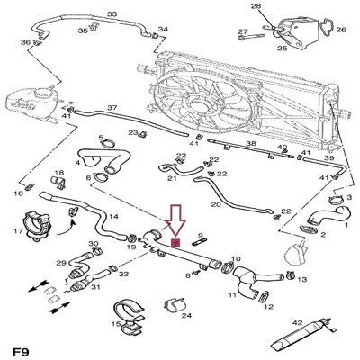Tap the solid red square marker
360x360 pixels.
click(175, 242)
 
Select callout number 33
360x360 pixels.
click(112, 15)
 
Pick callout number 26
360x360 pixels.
click(340, 30)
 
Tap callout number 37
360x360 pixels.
click(112, 108)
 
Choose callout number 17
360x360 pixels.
click(19, 231)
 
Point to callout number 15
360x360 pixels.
click(117, 323)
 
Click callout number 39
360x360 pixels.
click(329, 158)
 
